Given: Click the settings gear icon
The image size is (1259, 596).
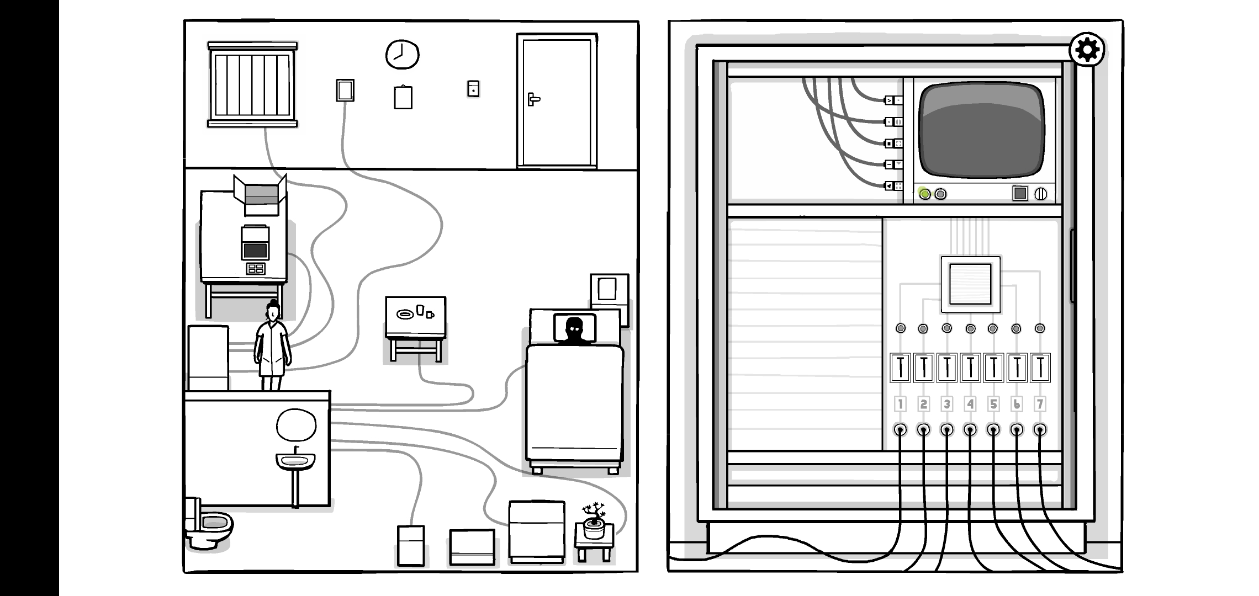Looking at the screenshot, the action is point(1087,50).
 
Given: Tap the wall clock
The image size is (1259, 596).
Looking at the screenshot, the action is point(402,55).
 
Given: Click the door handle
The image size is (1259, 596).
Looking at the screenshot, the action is point(533,99).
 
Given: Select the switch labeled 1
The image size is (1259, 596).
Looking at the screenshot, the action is point(900,368).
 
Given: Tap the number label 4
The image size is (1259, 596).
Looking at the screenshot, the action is point(970,405).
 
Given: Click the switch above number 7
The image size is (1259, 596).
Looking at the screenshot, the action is point(1040,368).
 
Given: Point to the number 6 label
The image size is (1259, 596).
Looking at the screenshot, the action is point(1017,405).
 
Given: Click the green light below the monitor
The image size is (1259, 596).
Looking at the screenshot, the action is point(924,194).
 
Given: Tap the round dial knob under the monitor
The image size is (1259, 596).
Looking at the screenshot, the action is point(1040,194).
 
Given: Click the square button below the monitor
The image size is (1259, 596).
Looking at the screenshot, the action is point(1020,194).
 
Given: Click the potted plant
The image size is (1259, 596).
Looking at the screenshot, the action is point(594,520).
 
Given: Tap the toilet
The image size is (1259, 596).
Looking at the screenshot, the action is point(209,527).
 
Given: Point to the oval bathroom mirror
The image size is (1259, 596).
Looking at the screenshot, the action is point(296,425).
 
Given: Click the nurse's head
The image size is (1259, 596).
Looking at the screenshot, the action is point(273,312).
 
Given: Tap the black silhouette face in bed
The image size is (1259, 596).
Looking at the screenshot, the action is point(574,329).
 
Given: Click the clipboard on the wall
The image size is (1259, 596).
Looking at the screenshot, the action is point(403,97).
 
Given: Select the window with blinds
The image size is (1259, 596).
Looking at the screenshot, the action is point(252,84).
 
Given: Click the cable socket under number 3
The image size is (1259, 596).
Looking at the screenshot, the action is point(947,429).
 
